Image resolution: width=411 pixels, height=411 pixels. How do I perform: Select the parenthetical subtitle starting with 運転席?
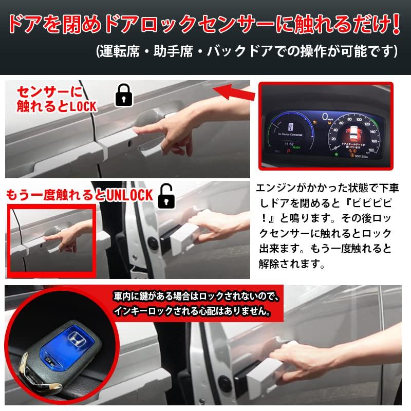point(247,52)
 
